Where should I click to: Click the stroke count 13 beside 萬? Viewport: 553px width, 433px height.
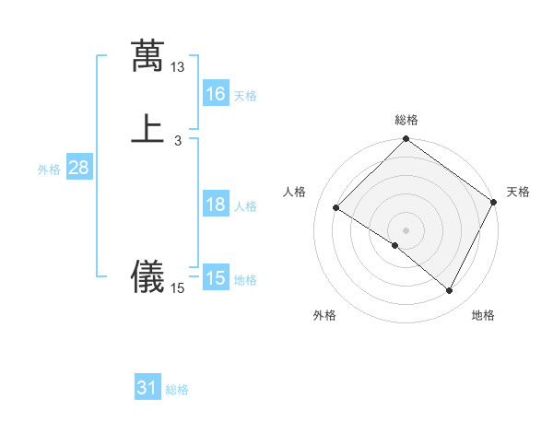178,67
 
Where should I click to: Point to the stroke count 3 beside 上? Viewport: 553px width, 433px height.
178,140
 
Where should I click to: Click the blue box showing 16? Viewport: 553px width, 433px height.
216,94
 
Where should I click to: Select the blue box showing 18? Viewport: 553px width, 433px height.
216,205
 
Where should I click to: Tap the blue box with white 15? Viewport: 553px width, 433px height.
216,278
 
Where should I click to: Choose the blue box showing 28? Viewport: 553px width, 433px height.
79,169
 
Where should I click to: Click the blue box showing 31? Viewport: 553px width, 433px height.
147,389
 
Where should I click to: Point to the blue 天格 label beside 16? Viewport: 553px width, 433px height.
245,96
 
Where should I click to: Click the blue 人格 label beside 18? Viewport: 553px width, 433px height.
245,206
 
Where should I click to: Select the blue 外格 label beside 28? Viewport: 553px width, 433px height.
49,170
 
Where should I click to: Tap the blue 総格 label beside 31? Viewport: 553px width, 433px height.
177,390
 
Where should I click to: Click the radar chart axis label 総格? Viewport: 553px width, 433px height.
406,120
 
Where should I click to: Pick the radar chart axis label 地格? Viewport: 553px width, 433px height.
483,315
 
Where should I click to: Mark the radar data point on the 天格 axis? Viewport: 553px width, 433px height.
494,202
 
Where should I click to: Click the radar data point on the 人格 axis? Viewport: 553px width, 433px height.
336,208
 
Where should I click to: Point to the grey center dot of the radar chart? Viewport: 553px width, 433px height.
406,230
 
